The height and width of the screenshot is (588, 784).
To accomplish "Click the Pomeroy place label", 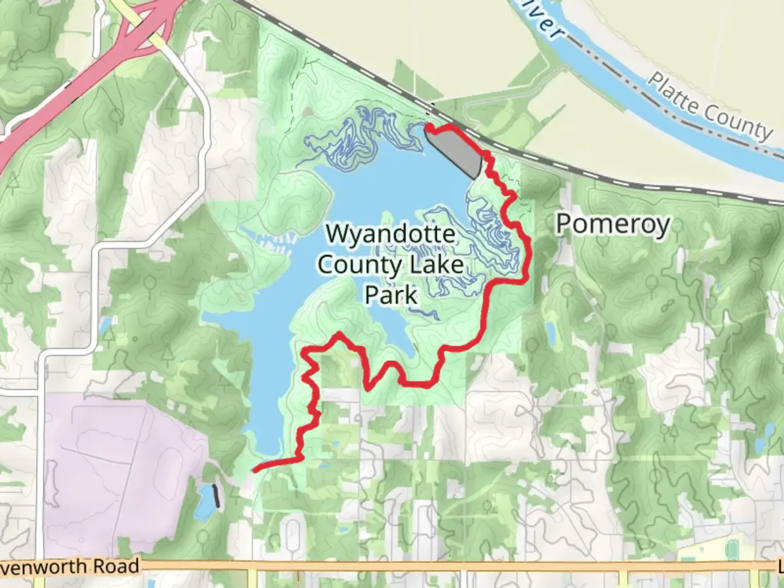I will pos(612,224).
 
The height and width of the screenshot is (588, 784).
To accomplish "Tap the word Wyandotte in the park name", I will pos(390,234).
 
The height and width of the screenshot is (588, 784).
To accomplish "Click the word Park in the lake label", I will pos(390,296).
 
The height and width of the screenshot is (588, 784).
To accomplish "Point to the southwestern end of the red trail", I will pos(255,469).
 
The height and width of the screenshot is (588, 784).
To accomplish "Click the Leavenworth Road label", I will pos(71,567).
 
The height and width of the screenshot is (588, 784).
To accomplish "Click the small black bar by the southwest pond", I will pos(217,496).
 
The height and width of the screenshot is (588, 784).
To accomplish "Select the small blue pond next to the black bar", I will pos(205,501).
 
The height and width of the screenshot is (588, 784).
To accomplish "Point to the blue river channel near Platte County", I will pos(626,93).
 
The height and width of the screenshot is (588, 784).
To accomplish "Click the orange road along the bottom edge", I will pos(381,566).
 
